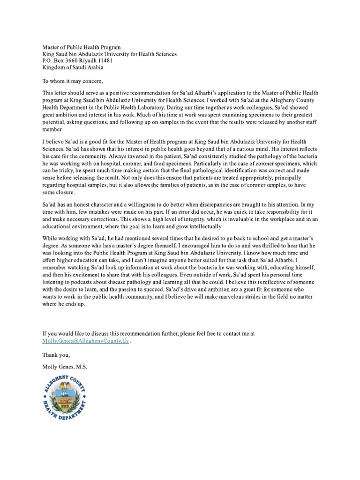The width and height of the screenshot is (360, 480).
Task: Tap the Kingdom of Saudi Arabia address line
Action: [x=72, y=67]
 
